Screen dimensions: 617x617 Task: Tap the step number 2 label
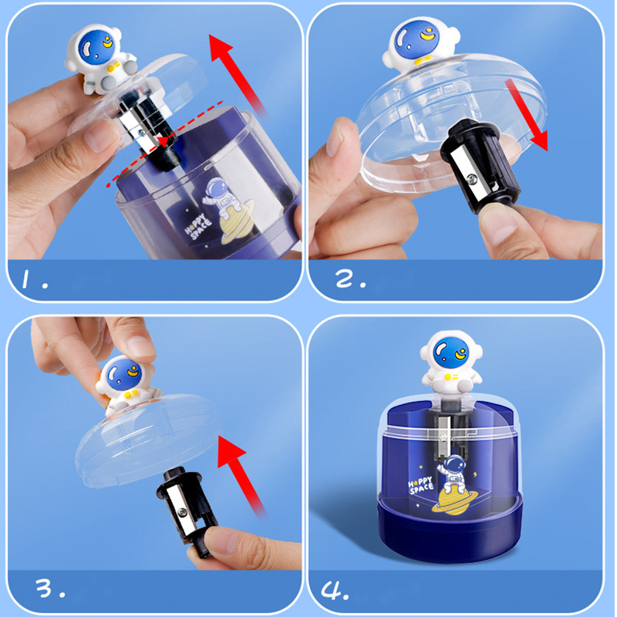[351, 278]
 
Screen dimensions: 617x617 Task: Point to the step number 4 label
[335, 589]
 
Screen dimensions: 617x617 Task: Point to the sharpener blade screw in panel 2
[471, 180]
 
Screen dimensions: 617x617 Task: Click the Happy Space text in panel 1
[198, 226]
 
